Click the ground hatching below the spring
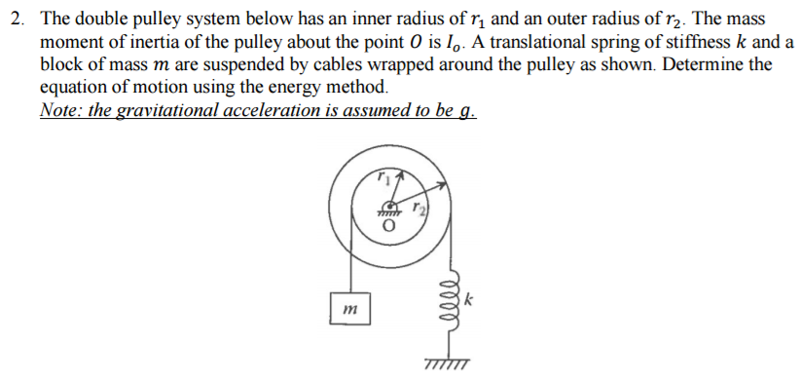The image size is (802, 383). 448,364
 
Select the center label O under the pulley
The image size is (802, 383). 388,226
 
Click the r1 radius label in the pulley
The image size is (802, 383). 384,178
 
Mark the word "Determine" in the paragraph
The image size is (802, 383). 689,65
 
